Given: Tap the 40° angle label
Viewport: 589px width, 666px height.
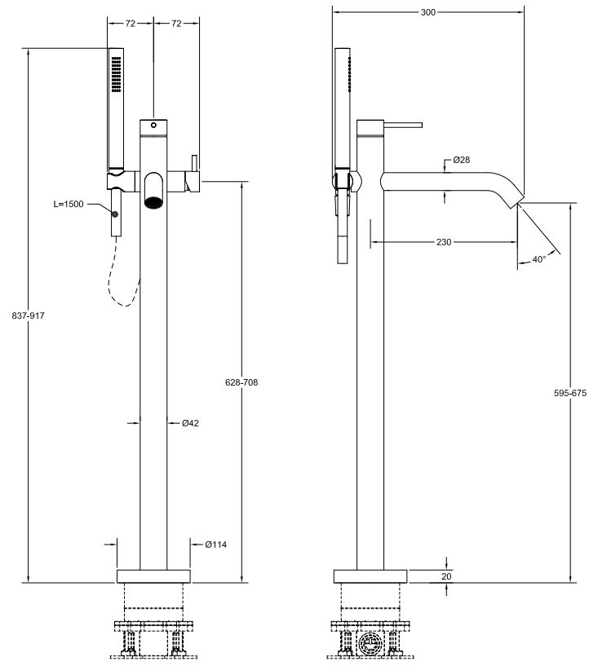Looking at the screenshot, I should (x=538, y=259).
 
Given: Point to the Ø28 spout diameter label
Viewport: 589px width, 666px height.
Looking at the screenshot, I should (x=462, y=160).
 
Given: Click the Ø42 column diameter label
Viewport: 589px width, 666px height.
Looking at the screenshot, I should (x=190, y=422).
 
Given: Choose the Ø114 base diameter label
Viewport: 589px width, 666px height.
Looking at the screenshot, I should (x=215, y=545).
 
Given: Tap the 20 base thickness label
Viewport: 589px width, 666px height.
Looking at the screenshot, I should (x=446, y=576).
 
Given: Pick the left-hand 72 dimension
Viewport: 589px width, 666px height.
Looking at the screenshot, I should (x=131, y=24).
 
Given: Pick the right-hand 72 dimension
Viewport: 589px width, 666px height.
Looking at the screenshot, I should (x=176, y=24).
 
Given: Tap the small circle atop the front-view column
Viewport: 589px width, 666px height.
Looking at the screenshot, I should (x=153, y=126).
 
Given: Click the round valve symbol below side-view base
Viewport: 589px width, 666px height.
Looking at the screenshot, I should (x=371, y=644).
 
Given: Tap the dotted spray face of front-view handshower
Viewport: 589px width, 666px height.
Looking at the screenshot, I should (x=116, y=73).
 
